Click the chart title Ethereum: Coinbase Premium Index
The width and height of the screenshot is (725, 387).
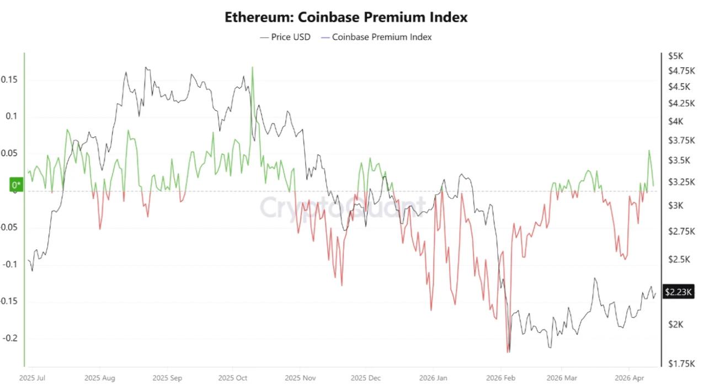click(x=346, y=17)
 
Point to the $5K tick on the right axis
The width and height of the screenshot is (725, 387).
click(x=675, y=56)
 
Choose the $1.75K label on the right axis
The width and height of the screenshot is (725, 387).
click(x=680, y=363)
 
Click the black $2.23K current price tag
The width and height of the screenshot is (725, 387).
click(x=678, y=292)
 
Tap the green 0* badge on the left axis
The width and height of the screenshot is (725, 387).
click(x=17, y=185)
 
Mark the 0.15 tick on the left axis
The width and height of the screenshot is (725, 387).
click(x=9, y=79)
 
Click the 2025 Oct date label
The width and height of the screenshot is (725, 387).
click(x=233, y=378)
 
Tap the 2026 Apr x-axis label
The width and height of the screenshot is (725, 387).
click(x=630, y=378)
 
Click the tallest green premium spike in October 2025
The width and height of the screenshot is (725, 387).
click(x=253, y=68)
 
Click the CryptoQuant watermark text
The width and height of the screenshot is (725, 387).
click(x=342, y=207)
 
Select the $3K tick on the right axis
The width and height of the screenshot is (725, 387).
click(x=675, y=205)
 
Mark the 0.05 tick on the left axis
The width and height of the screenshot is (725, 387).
click(x=9, y=153)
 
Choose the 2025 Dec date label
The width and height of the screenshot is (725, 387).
click(x=365, y=378)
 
